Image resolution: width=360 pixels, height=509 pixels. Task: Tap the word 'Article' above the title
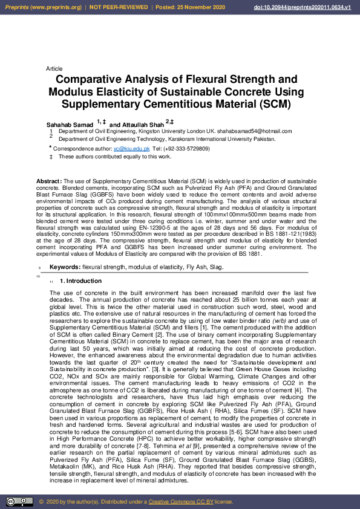pos(54,69)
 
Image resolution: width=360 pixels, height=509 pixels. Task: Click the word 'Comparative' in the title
pos(91,80)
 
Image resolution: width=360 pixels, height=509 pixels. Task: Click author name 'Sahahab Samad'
pos(70,124)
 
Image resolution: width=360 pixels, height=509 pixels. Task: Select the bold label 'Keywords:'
pos(65,267)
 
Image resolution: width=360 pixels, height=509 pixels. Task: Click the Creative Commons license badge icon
pos(19,501)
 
